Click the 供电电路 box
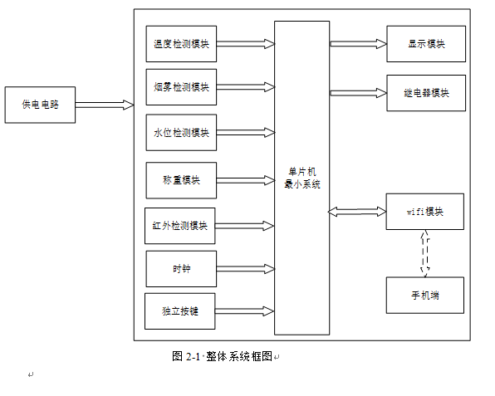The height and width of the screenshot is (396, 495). click(40, 105)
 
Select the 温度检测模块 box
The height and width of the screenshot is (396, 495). click(181, 44)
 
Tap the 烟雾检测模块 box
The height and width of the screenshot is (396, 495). click(181, 87)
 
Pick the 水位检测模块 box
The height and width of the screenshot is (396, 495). click(181, 133)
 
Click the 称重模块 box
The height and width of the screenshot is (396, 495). click(181, 180)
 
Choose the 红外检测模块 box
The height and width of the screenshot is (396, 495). click(180, 226)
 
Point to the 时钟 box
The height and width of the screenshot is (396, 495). click(181, 269)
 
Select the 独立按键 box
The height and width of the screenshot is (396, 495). click(180, 311)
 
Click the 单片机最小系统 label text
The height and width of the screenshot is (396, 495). click(302, 178)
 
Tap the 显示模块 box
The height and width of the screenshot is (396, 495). click(426, 44)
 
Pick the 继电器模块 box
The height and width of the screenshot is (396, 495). click(426, 93)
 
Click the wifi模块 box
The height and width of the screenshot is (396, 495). click(425, 212)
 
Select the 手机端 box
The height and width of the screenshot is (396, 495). click(425, 296)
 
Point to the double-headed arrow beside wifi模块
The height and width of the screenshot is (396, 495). click(357, 212)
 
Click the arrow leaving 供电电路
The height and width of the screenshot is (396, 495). click(105, 105)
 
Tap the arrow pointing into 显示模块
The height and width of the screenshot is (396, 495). click(358, 44)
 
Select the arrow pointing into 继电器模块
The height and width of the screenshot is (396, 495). click(358, 93)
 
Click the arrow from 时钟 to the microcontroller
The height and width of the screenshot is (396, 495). click(246, 269)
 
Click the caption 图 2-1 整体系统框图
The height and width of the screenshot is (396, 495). click(223, 356)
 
